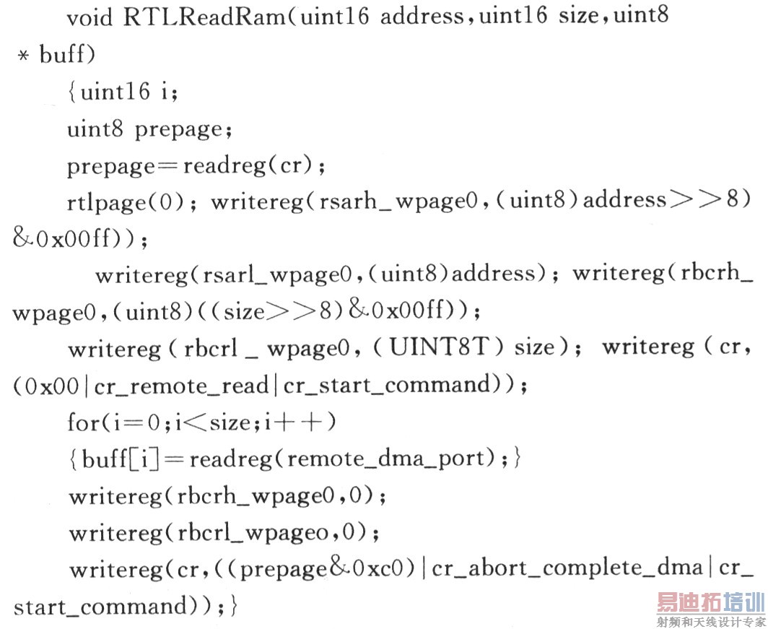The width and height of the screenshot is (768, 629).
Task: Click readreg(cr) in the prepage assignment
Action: pyautogui.click(x=250, y=165)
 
